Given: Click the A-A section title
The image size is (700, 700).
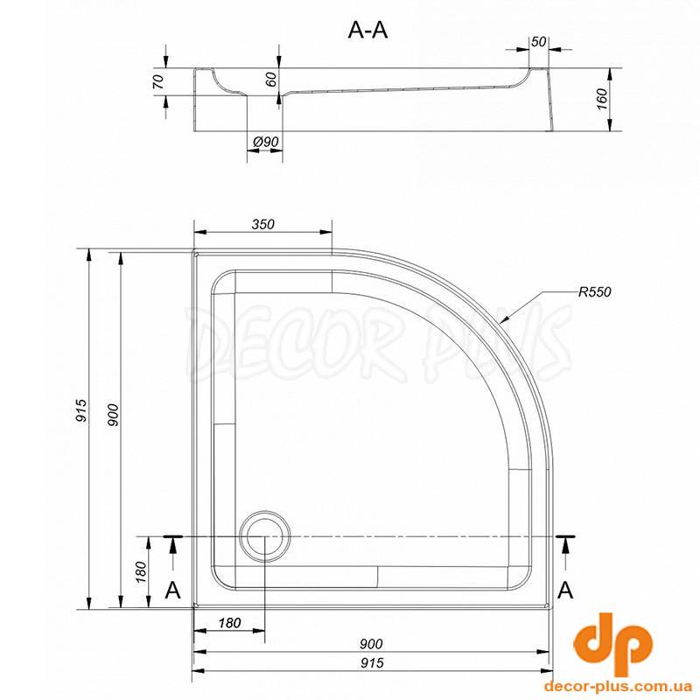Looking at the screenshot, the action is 367,31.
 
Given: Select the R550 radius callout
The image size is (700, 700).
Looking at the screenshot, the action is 595,292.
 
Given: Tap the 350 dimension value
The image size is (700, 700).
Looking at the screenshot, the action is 262,224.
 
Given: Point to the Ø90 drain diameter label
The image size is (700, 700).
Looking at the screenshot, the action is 266,142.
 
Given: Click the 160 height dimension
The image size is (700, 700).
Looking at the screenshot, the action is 602,100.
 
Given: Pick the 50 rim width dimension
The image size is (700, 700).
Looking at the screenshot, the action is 539,41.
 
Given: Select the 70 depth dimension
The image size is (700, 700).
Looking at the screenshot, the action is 158,81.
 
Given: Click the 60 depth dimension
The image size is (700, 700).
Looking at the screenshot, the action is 271,79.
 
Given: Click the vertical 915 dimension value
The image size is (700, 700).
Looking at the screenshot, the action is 81,410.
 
